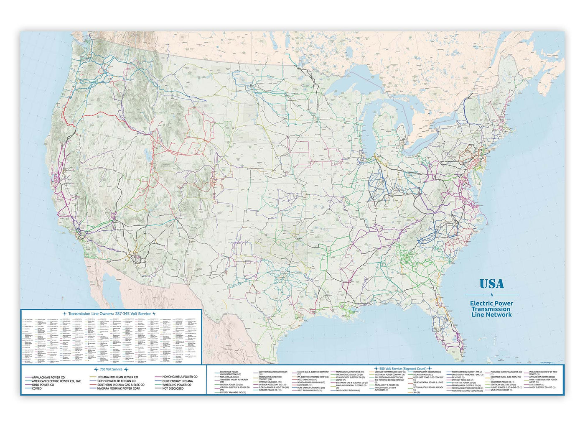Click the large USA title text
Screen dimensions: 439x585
point(491,284)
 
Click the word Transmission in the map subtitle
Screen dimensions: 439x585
point(491,309)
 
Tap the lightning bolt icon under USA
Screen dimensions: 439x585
point(492,295)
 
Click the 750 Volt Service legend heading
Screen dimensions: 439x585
point(111,370)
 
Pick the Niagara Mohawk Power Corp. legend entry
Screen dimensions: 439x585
point(119,388)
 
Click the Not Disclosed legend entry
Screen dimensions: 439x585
point(173,388)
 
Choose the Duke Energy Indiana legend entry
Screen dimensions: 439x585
point(178,381)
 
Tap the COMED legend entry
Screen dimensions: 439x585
point(37,388)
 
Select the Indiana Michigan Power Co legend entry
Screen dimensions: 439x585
point(117,377)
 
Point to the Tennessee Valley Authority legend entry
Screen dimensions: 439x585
point(234,380)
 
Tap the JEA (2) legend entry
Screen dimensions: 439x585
point(416,393)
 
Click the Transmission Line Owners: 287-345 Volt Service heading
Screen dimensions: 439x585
point(109,314)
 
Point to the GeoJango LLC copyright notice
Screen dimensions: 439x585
point(551,362)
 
